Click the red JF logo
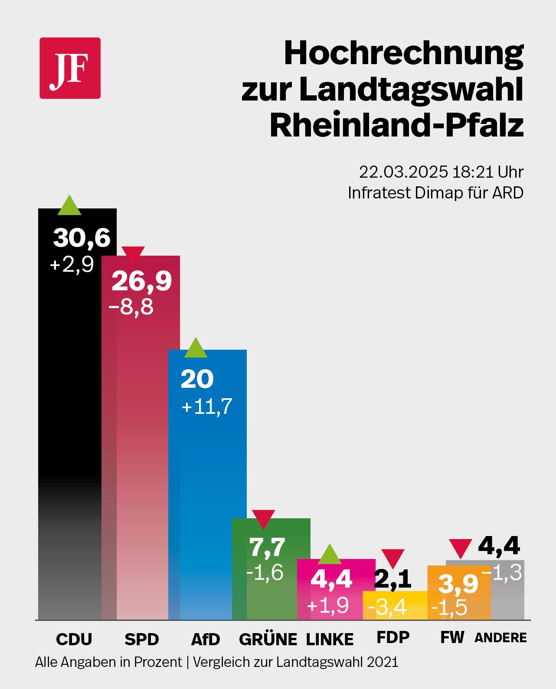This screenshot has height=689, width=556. coord(70,68)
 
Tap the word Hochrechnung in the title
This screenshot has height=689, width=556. coord(403,53)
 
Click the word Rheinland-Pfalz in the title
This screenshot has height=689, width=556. coord(396,125)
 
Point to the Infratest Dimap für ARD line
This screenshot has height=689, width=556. coord(435,193)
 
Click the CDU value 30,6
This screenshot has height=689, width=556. coord(82,238)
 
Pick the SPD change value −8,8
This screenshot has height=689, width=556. coord(131,307)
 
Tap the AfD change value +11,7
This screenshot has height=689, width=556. coord(207,406)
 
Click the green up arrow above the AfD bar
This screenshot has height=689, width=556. coord(196,348)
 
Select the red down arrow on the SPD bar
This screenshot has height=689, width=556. coord(133,255)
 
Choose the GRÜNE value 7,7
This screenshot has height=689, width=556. coord(267,547)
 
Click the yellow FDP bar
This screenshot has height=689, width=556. coord(395,606)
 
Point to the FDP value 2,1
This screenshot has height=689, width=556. coord(392,579)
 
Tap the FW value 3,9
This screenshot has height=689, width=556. coord(458,584)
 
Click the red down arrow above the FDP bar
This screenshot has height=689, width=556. coord(393,558)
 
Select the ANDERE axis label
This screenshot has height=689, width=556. coord(500,638)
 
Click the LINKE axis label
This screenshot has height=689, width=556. coord(330,639)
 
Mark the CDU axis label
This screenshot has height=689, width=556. coord(74,639)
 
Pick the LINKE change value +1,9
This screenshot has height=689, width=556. coord(327,605)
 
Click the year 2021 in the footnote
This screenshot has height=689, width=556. coord(382,662)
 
